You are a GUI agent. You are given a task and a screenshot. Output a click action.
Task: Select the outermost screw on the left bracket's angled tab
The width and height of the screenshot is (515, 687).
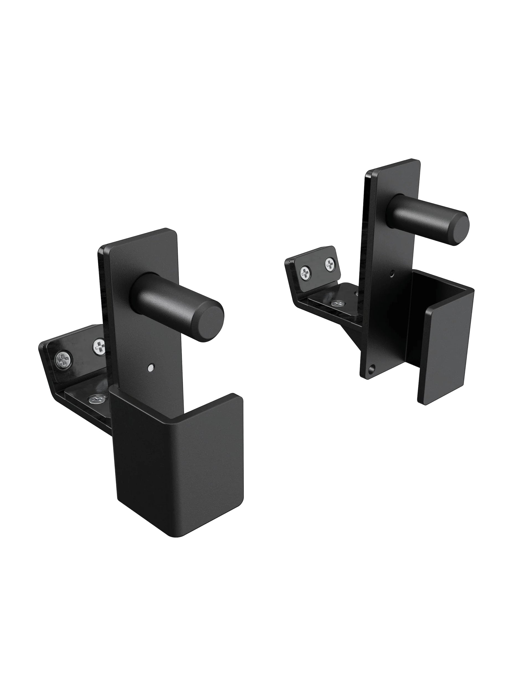coord(65,360)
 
